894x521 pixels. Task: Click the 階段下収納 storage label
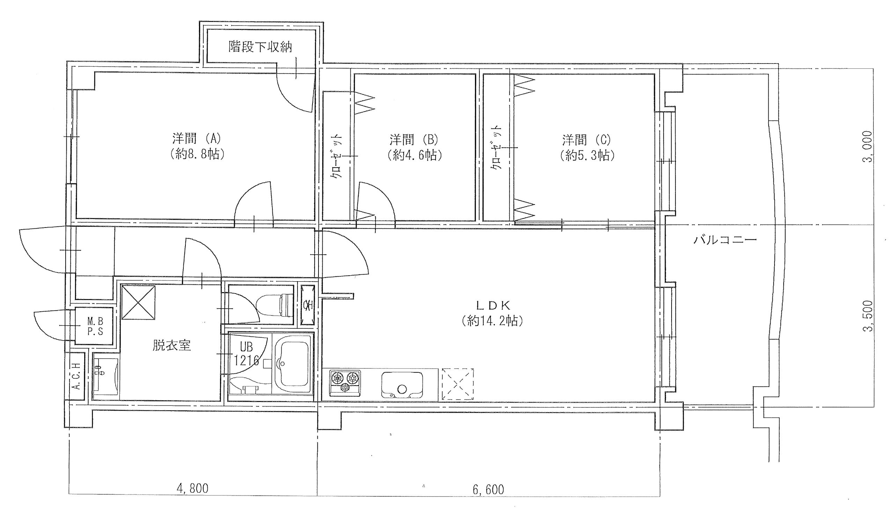(261, 47)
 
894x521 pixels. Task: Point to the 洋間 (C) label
(587, 140)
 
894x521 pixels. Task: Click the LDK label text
(493, 304)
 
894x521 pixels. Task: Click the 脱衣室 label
(172, 345)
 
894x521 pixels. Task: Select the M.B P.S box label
(95, 326)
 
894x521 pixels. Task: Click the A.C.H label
(76, 376)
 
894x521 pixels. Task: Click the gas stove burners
(345, 383)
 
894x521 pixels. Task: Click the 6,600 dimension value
(488, 490)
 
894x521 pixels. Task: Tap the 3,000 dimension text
(867, 146)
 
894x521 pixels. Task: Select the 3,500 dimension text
(867, 317)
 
